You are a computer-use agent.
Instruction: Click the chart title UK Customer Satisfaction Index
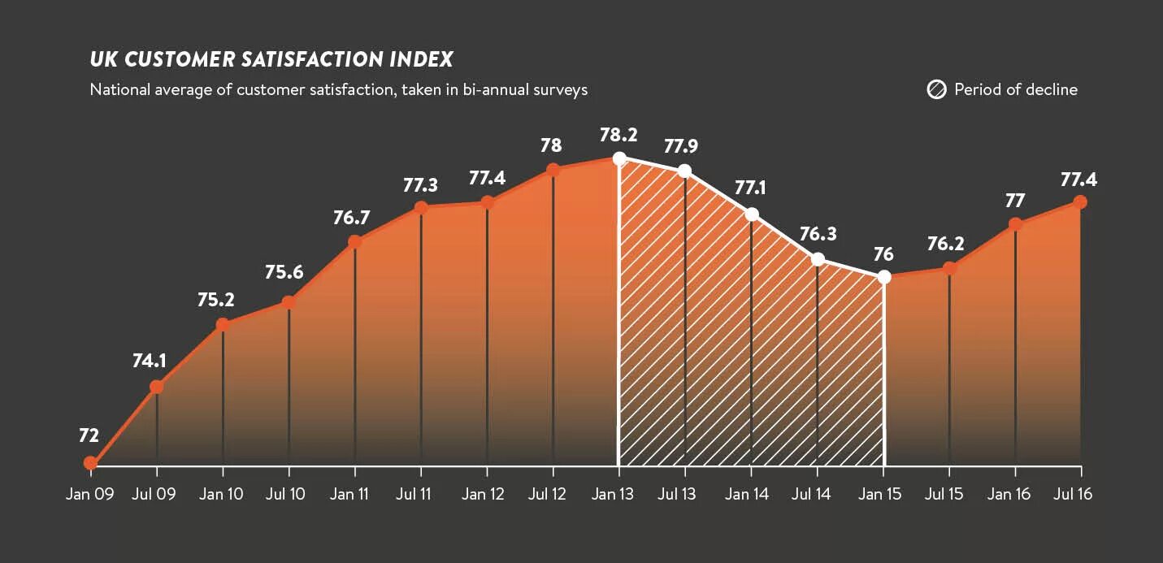[x=271, y=59]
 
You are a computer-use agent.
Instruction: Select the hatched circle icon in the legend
[x=936, y=89]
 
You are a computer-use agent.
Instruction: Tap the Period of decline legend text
[x=1016, y=89]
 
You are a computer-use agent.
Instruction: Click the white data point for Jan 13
[x=619, y=158]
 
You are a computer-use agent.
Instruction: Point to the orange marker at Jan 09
[x=90, y=464]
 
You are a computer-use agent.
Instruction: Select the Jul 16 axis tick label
[x=1073, y=494]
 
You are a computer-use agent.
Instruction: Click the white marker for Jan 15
[x=884, y=277]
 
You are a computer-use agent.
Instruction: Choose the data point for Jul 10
[x=289, y=303]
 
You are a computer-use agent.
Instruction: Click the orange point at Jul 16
[x=1080, y=202]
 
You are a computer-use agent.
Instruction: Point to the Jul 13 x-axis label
[x=678, y=494]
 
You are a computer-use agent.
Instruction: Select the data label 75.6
[x=284, y=272]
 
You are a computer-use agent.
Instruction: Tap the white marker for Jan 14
[x=752, y=214]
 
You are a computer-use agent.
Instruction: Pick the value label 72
[x=89, y=435]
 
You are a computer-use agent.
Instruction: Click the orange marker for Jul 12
[x=553, y=170]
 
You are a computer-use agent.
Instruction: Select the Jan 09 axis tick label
[x=89, y=494]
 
